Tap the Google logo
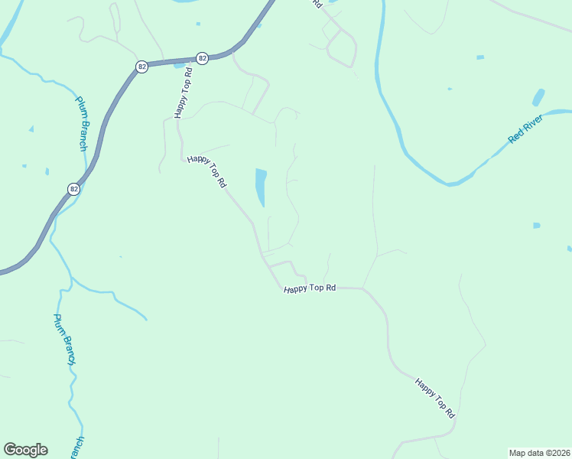click(25, 450)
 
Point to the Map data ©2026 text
click(539, 453)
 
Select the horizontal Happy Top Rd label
click(310, 288)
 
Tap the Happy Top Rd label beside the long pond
click(207, 171)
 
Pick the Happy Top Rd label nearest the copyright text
click(435, 397)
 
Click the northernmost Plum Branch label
click(82, 123)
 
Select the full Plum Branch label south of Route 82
click(65, 339)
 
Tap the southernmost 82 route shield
click(73, 189)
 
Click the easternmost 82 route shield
click(202, 57)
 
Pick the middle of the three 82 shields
click(141, 67)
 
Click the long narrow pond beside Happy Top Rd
click(261, 187)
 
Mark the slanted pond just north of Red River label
click(538, 98)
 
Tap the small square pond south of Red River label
click(536, 226)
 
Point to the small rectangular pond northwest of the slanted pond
click(480, 57)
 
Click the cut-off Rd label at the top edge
click(316, 4)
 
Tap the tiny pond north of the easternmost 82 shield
click(198, 24)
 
